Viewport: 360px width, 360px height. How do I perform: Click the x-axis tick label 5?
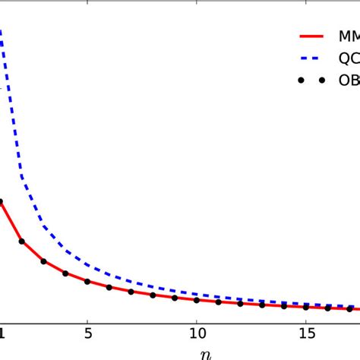click(88, 332)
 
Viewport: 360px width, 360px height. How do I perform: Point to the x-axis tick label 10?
click(197, 332)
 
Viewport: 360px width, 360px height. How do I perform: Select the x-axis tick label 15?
click(306, 332)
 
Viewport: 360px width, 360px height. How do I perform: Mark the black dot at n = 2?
click(22, 242)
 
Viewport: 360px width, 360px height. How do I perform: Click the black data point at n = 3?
click(44, 261)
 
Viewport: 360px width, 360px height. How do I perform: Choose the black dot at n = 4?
click(65, 273)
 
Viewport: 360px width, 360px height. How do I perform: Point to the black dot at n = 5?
click(87, 282)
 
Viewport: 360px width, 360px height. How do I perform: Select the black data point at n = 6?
click(109, 288)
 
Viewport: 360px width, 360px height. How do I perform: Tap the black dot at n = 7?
click(131, 292)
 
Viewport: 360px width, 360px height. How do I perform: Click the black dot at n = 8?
click(153, 295)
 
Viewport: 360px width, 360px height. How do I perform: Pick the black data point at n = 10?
click(197, 300)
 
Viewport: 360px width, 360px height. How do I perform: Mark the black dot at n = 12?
click(240, 303)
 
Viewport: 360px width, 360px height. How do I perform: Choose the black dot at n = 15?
click(305, 307)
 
